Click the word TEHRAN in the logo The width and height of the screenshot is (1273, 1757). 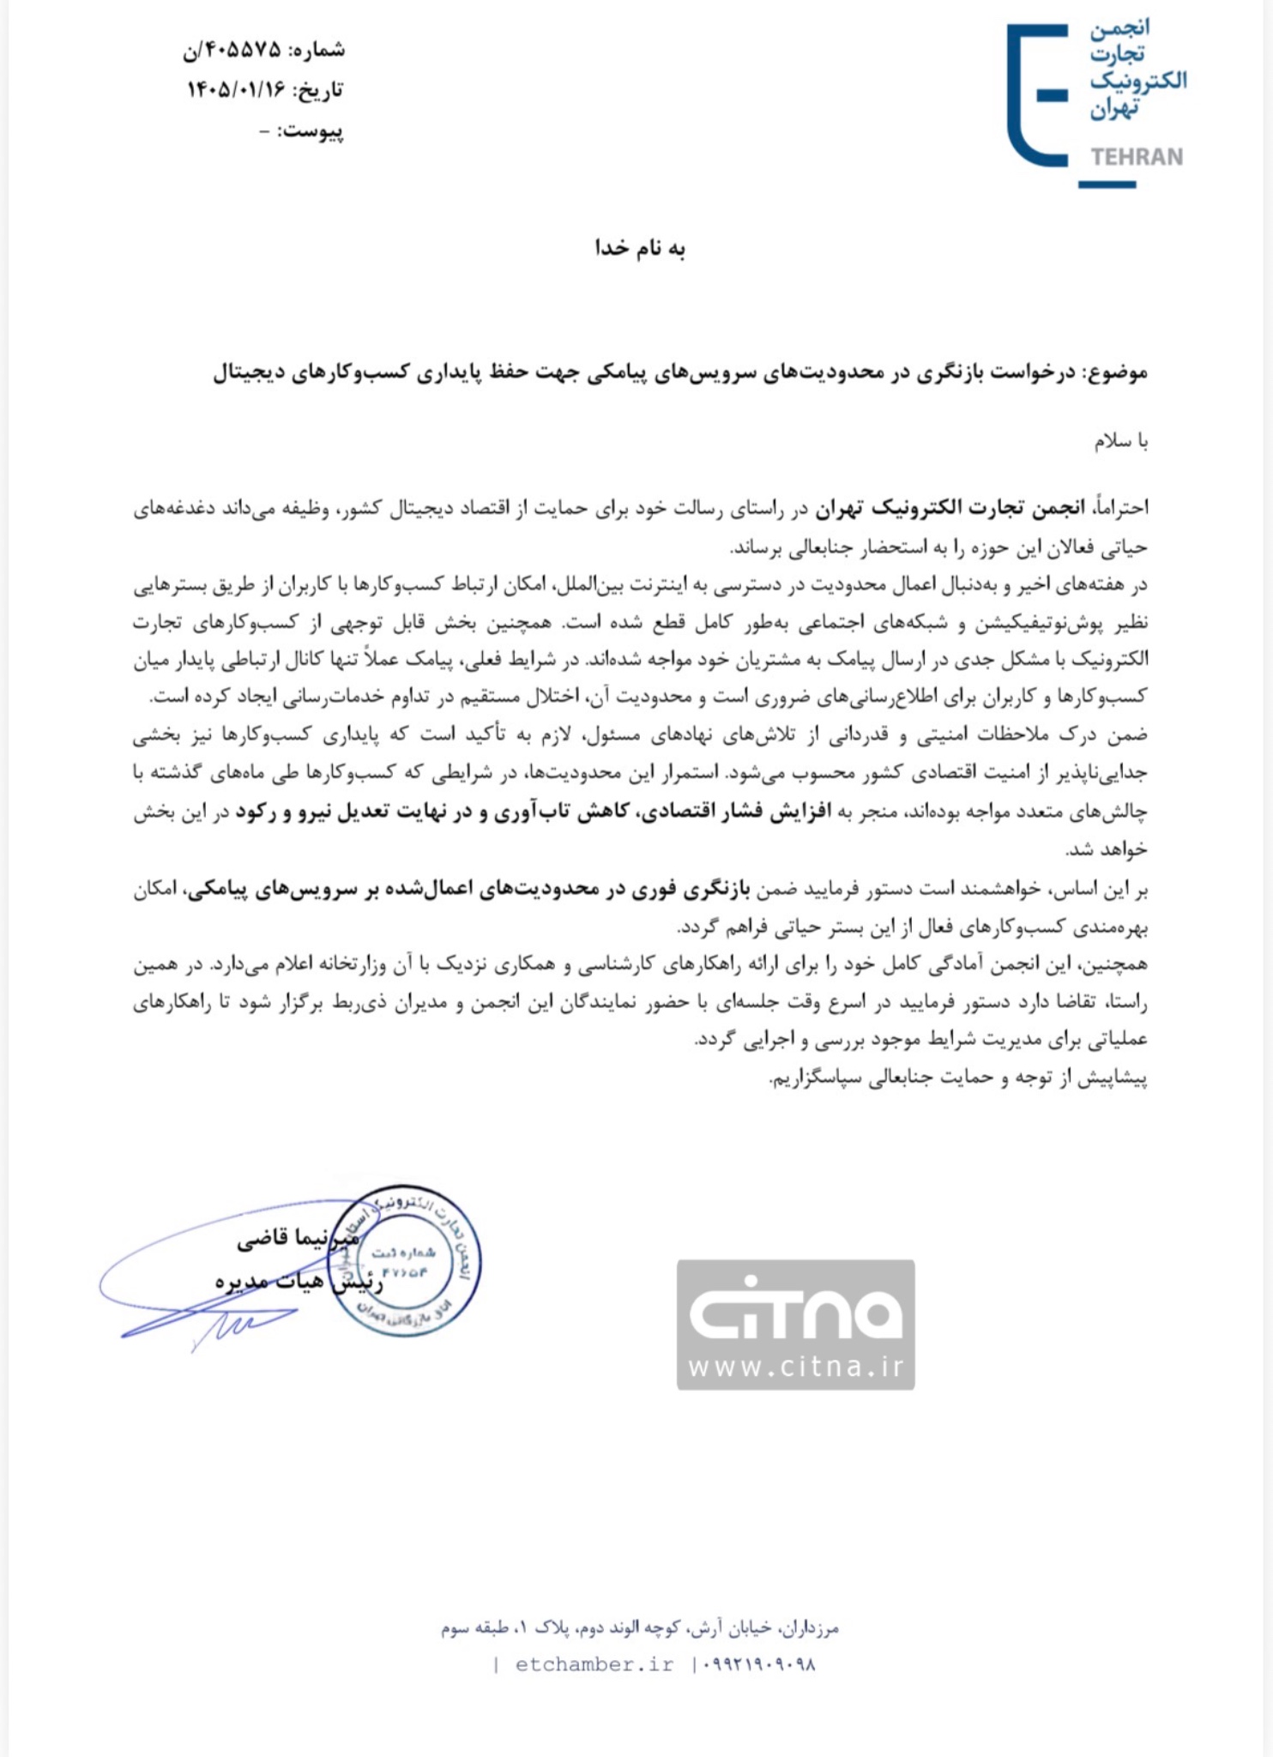1137,157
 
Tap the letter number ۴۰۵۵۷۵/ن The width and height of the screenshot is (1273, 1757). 232,50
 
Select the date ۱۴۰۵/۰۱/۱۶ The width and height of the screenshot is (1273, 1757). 236,90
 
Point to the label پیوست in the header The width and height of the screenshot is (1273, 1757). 312,131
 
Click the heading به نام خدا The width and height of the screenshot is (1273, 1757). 640,249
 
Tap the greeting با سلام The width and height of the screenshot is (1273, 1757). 1121,442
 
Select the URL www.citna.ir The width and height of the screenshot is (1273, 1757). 795,1367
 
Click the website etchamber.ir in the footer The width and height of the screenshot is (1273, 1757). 594,1664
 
